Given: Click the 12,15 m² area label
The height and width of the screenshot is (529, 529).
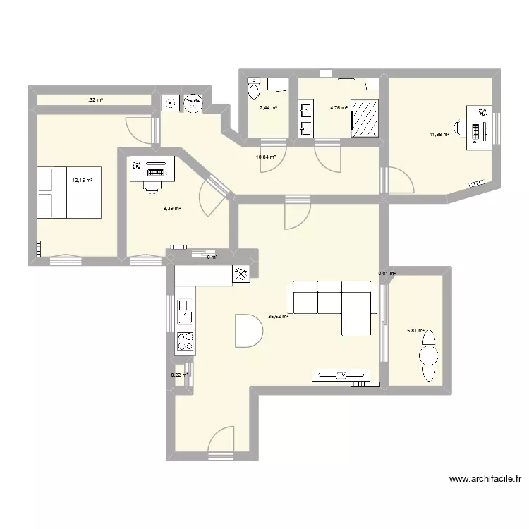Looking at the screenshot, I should click(83, 180).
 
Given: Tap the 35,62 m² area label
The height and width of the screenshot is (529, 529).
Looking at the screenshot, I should click(278, 317).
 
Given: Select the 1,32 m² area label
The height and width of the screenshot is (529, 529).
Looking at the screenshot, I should click(94, 100).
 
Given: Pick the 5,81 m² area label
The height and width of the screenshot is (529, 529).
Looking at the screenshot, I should click(414, 330).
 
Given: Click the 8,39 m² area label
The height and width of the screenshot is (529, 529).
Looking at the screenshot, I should click(172, 208).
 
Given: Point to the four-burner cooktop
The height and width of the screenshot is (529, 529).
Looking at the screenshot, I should click(186, 341).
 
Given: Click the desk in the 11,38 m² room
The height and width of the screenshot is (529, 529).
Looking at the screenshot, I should click(480, 132).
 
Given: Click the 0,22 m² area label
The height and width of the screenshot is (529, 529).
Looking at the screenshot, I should click(180, 375).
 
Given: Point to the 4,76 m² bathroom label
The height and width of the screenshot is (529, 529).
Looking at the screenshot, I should click(339, 108).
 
